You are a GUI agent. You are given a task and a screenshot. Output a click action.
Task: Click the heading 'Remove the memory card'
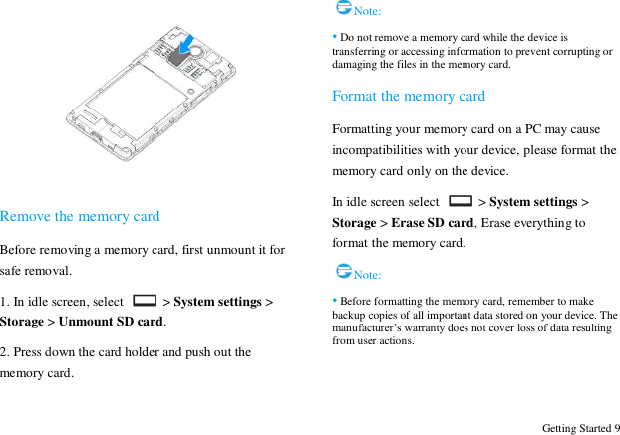click(80, 216)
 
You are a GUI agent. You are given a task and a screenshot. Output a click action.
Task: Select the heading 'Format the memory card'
click(409, 96)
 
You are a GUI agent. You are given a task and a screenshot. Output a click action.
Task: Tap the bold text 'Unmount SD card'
click(111, 322)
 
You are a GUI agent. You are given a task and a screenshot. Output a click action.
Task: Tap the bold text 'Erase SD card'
click(433, 222)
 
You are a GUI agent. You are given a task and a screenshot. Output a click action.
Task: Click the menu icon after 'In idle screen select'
click(461, 201)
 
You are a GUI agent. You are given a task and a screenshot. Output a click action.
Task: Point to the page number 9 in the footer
click(616, 428)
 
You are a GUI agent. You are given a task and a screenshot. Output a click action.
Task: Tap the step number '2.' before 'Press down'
click(6, 351)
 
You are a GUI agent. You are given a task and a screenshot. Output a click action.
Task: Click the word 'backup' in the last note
click(348, 315)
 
